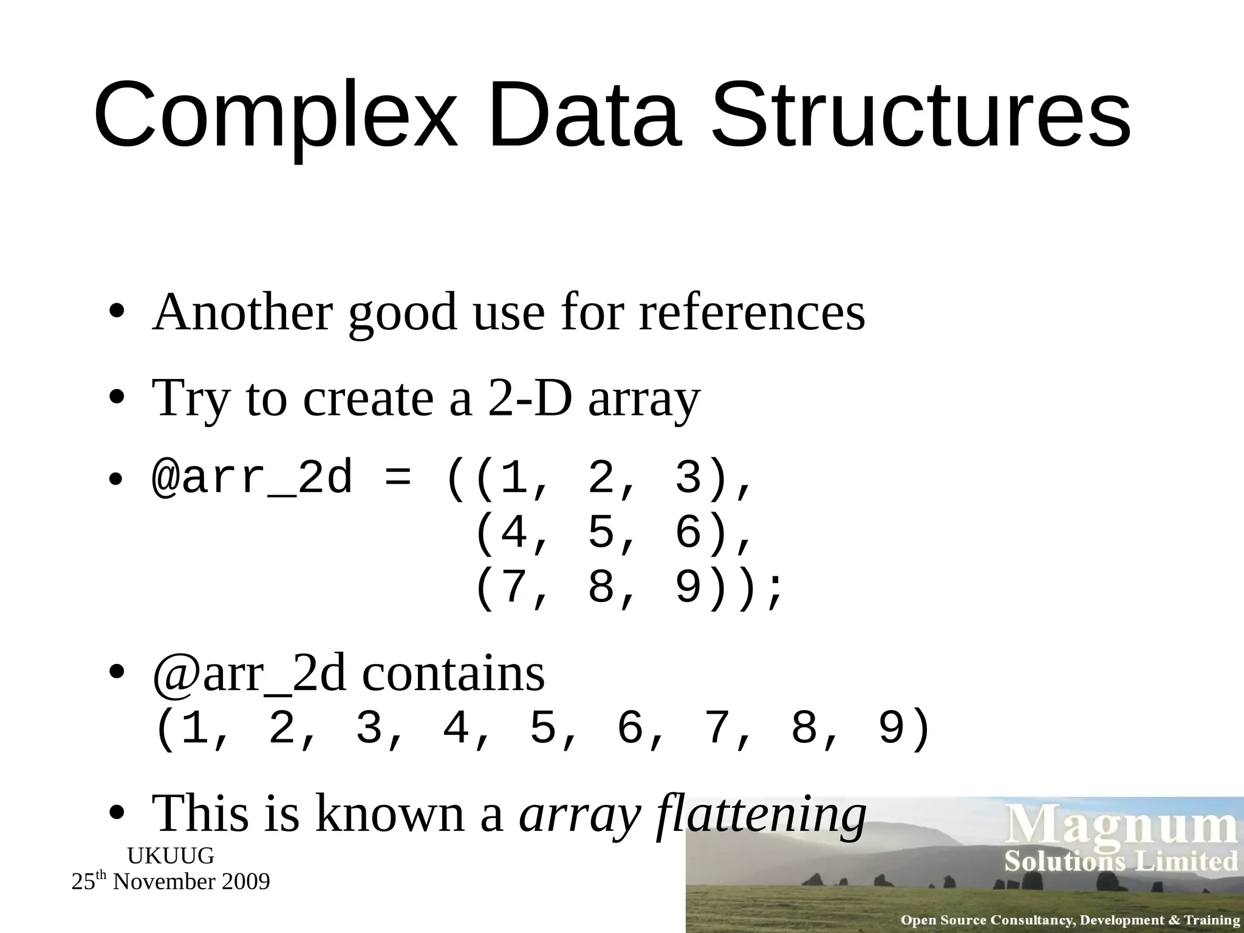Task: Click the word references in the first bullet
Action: click(752, 312)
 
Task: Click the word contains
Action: click(453, 674)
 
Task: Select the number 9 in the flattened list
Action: click(892, 728)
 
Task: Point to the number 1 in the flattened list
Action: click(194, 728)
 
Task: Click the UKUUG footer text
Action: click(171, 856)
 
